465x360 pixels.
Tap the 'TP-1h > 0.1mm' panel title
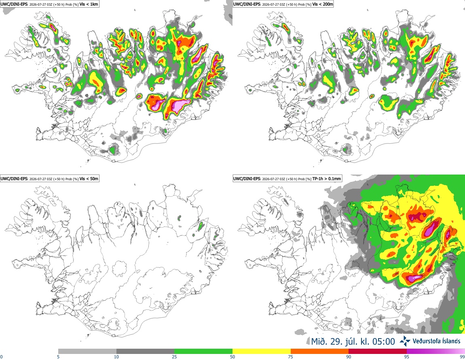[x=326, y=179]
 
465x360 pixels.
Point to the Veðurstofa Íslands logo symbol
[x=405, y=341]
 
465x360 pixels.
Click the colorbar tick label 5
[x=58, y=357]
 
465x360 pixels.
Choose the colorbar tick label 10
[x=116, y=357]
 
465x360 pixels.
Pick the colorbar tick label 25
[x=174, y=357]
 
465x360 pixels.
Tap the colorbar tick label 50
[x=232, y=357]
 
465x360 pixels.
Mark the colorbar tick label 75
[x=291, y=357]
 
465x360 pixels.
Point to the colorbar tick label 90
[x=349, y=357]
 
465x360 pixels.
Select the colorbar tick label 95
[x=407, y=357]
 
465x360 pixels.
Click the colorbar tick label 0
[x=2, y=357]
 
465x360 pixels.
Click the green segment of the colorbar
[x=203, y=352]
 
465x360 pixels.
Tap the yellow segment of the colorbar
[x=262, y=352]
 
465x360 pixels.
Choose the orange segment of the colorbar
[x=320, y=352]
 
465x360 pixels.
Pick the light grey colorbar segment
[x=87, y=352]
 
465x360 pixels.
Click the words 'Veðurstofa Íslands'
[x=437, y=341]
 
